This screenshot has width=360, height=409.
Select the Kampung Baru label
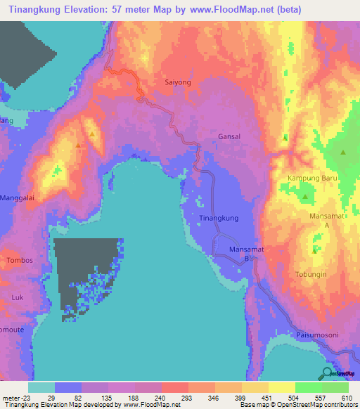[x=313, y=179]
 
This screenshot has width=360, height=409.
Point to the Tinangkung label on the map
[x=220, y=219]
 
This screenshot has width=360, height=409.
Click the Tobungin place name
[x=314, y=274]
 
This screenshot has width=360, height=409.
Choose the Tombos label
[x=19, y=261]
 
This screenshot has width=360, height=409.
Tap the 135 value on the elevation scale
[x=108, y=398]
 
